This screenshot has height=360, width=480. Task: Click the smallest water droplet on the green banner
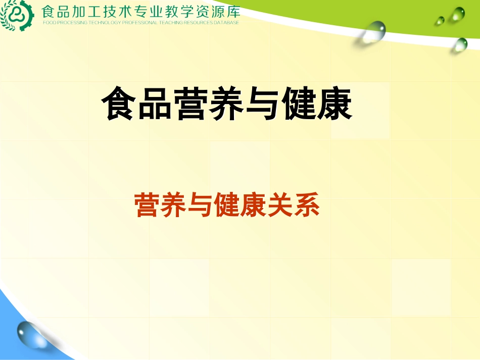coord(440,21)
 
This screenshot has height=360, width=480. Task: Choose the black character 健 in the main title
coord(299,105)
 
